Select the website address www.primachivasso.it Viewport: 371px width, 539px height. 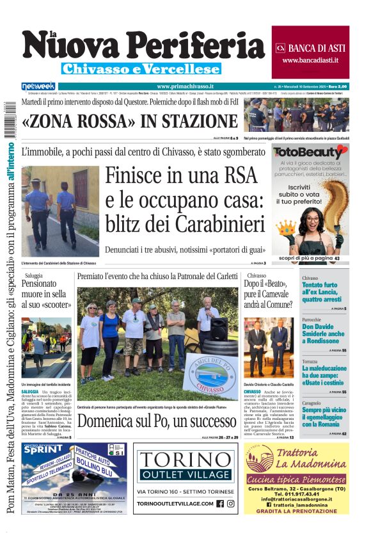[185, 86]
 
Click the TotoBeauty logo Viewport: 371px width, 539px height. [310, 153]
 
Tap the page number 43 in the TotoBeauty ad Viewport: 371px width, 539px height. [337, 258]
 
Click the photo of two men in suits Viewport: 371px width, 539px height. [268, 348]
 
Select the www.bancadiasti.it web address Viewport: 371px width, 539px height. [310, 60]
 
